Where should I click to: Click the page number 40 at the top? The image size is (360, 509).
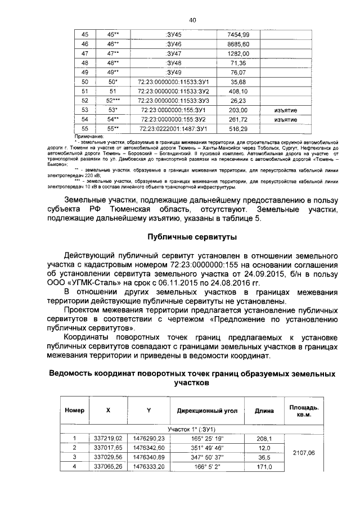[x=192, y=20]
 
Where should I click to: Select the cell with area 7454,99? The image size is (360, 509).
[x=238, y=34]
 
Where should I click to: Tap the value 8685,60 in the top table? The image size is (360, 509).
[x=238, y=44]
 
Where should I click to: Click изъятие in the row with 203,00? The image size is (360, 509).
[x=285, y=110]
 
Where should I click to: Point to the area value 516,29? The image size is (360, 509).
[x=238, y=129]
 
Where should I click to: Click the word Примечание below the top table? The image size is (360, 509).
[x=90, y=136]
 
